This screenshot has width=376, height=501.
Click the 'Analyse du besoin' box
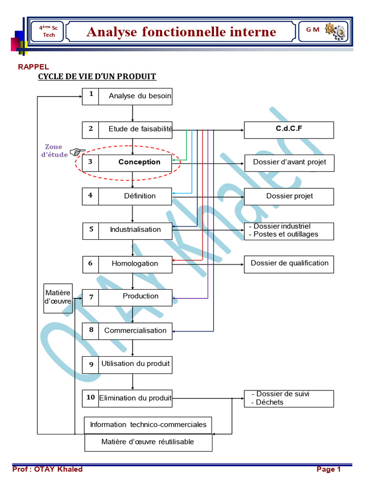(x=140, y=96)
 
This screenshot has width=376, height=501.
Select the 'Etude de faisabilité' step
(x=140, y=130)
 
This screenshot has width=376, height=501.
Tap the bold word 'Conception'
(x=140, y=162)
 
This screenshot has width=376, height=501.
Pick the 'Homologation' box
(x=135, y=264)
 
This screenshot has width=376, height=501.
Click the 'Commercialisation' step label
(x=135, y=331)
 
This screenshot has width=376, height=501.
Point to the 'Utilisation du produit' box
(x=135, y=364)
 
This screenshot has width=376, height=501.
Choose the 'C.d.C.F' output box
(x=289, y=130)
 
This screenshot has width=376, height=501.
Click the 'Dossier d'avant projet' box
(x=289, y=162)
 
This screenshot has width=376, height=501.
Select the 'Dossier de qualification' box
(x=289, y=263)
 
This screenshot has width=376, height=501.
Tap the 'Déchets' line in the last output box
(x=270, y=403)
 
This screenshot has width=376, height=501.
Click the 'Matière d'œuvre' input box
(x=58, y=297)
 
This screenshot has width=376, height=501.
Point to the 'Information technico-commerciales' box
(x=148, y=425)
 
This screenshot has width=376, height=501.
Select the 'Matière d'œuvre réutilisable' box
(x=148, y=442)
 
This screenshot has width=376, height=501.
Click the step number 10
(x=91, y=398)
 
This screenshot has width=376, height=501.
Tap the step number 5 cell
(x=91, y=229)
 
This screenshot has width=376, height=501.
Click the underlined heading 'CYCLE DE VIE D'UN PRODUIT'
(x=97, y=77)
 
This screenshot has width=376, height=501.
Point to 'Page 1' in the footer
(x=329, y=470)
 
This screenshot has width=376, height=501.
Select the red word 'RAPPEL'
(x=33, y=67)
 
